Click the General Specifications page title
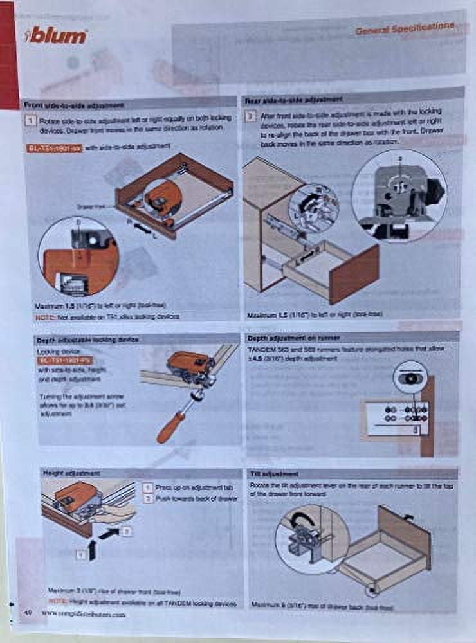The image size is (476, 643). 405,28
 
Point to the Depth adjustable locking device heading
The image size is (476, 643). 80,339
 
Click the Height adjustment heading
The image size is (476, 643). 71,473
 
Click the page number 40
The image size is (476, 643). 28,612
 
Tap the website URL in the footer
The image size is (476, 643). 84,614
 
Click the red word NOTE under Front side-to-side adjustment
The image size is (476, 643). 44,317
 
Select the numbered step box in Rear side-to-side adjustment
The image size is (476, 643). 252,116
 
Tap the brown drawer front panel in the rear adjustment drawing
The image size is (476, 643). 354,273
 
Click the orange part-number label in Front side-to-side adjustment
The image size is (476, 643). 54,148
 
